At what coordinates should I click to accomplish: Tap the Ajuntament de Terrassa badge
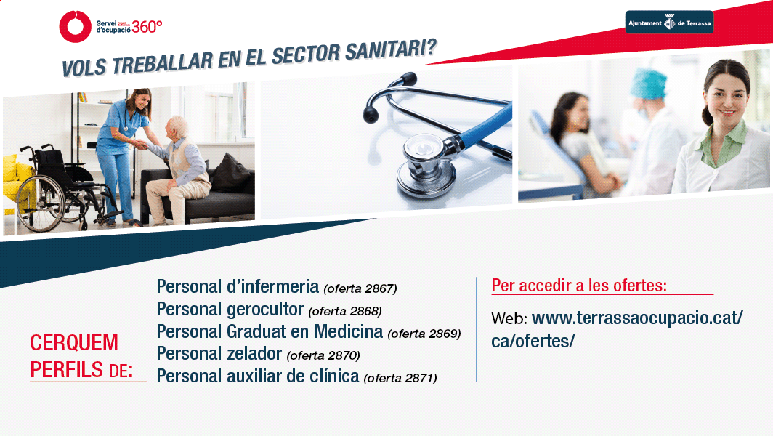tap(669, 23)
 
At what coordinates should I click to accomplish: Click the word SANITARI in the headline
tap(392, 50)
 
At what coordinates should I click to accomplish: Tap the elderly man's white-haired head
tap(176, 128)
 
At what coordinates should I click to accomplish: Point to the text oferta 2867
tap(360, 288)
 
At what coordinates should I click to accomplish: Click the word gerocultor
tap(265, 310)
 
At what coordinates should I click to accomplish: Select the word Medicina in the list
tap(349, 331)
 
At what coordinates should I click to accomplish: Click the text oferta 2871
tap(400, 379)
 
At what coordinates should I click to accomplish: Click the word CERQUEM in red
tap(74, 343)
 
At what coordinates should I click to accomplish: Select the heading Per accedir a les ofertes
tap(579, 285)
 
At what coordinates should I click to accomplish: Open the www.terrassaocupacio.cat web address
tap(617, 329)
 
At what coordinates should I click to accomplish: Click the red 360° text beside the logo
tap(147, 27)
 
